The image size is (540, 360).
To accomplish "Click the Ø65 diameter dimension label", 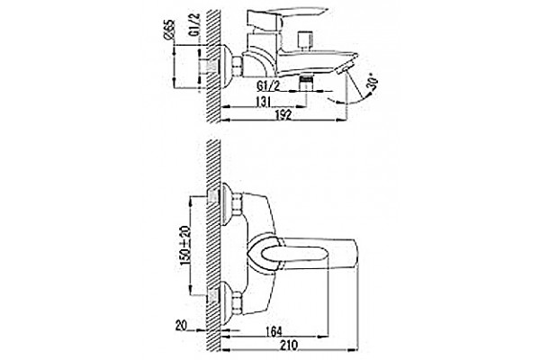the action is click(169, 30).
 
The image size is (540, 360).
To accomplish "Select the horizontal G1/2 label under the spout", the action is click(268, 86).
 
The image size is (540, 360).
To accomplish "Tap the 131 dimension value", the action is click(263, 102).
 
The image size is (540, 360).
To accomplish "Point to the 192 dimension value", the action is click(283, 114).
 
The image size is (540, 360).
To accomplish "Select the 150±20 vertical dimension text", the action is click(184, 246).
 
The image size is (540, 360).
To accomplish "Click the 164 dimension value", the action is click(274, 331).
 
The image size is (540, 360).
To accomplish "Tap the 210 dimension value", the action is click(289, 345).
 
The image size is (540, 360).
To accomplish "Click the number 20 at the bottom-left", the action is click(181, 325).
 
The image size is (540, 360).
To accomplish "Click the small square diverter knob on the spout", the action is click(305, 38).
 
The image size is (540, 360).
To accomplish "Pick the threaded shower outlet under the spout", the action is click(306, 82).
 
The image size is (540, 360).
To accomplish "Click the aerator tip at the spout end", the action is click(346, 66).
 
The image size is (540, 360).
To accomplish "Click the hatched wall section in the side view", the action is click(213, 66).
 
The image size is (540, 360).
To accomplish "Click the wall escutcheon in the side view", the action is click(225, 66).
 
